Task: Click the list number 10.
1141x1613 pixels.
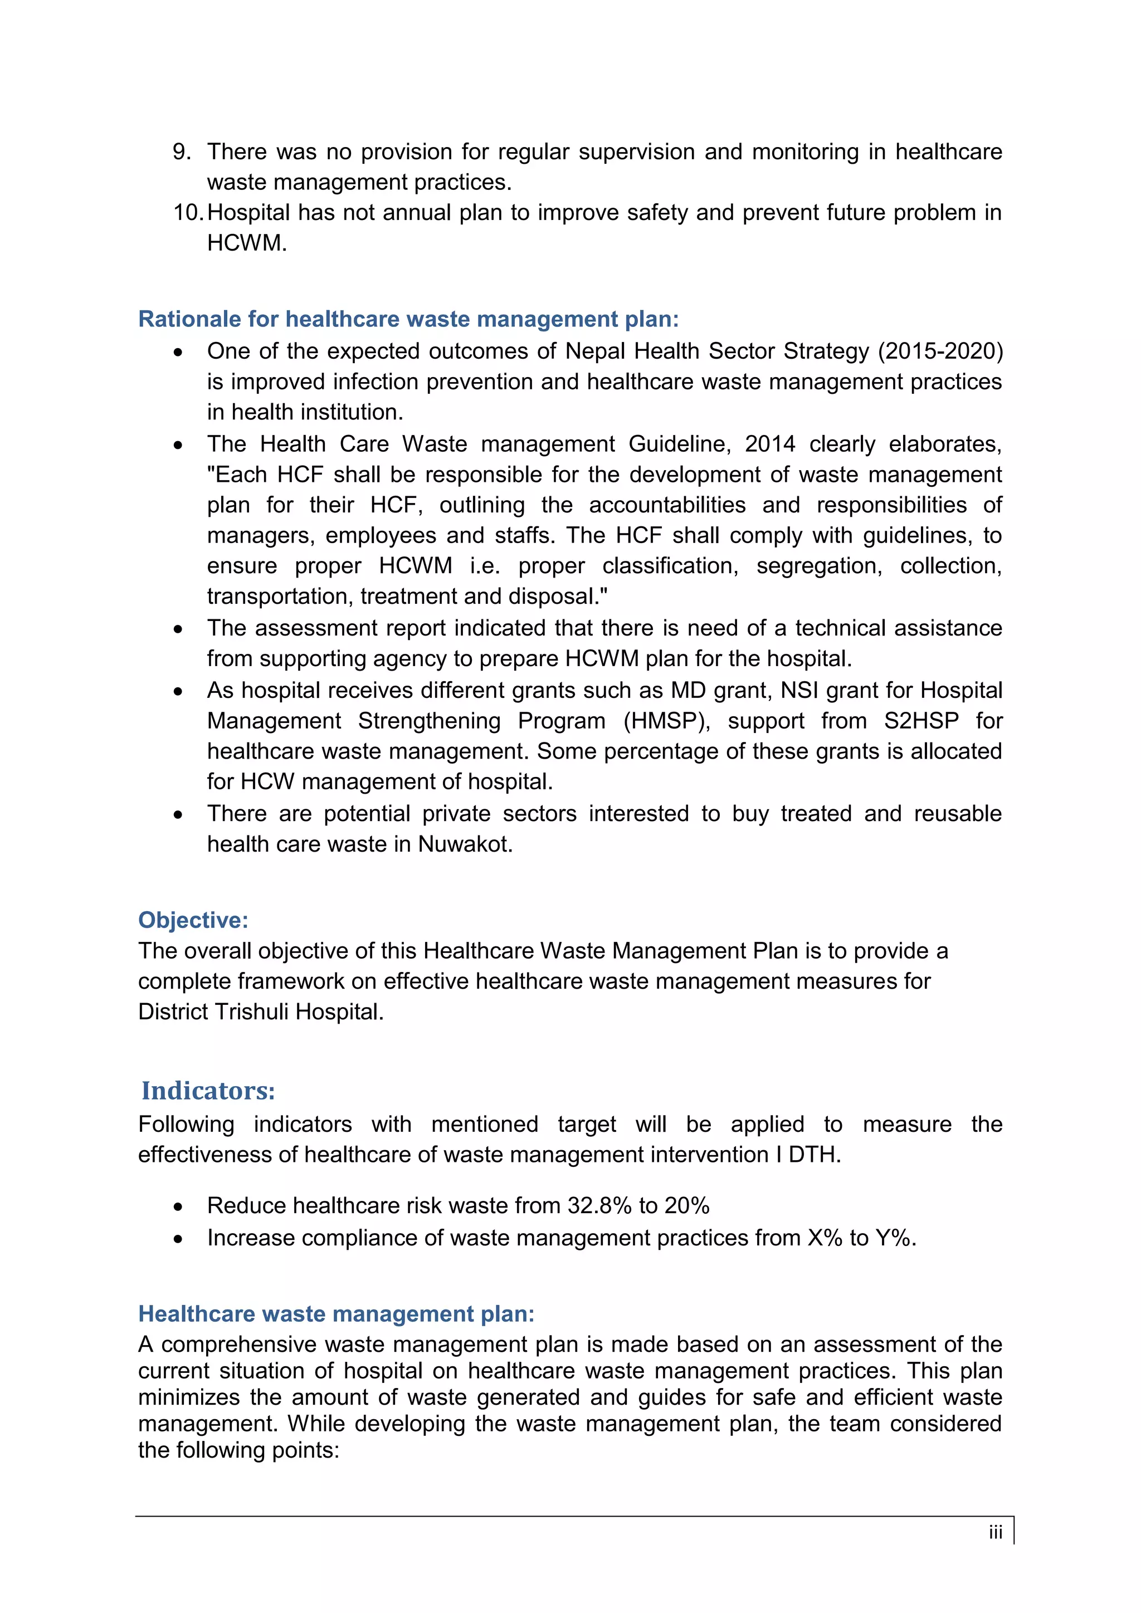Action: (x=188, y=212)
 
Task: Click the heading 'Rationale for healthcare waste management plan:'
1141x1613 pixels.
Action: (x=408, y=319)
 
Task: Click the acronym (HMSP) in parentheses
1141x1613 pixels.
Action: (x=666, y=721)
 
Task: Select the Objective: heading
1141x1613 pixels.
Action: (x=193, y=920)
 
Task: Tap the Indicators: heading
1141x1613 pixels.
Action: (x=208, y=1091)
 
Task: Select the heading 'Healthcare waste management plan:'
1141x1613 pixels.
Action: (x=336, y=1314)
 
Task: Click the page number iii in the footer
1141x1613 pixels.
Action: (x=995, y=1532)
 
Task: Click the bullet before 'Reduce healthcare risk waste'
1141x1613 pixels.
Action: (x=178, y=1207)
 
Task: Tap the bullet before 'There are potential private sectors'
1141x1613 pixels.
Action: (x=178, y=815)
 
